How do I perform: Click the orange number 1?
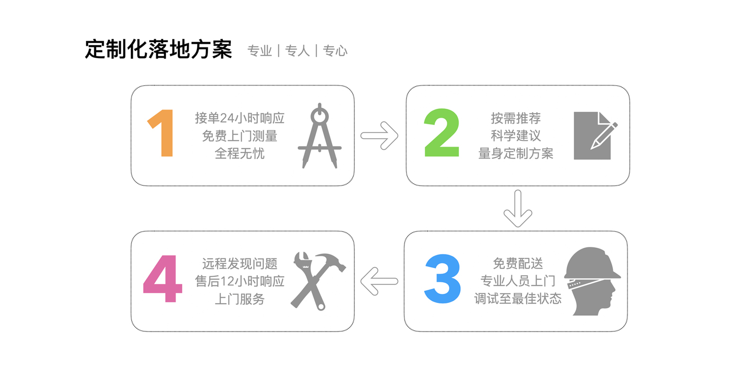tap(163, 133)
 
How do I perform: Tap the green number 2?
tap(442, 132)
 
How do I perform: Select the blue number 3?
tap(442, 278)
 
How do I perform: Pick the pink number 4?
tap(163, 278)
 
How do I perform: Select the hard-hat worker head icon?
tap(592, 281)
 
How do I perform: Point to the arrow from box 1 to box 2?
tap(380, 136)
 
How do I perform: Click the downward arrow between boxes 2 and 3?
tap(518, 208)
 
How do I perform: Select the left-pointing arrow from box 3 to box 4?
tap(379, 281)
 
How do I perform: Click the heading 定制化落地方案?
tap(159, 50)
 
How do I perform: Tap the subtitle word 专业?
tap(260, 51)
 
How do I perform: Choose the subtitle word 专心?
tap(335, 51)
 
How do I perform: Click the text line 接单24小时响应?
tap(240, 118)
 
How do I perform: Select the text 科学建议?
tap(516, 136)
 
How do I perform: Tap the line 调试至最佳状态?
tap(518, 298)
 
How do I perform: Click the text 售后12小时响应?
tap(240, 281)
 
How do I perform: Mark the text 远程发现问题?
tap(240, 263)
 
